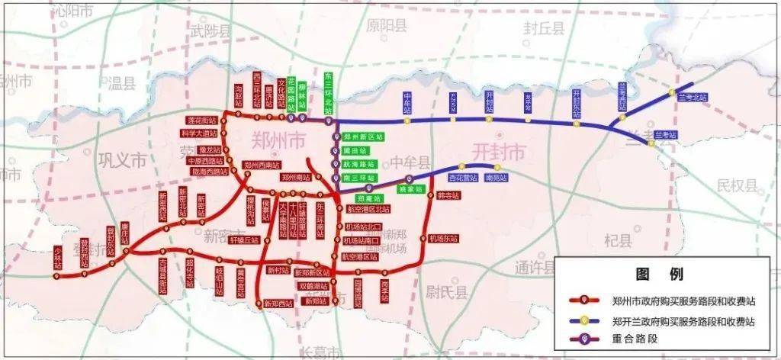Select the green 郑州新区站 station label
[x=362, y=137]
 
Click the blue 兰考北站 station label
[x=693, y=98]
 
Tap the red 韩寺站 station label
[x=448, y=195]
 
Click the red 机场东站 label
[x=442, y=239]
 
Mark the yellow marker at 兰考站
[x=651, y=143]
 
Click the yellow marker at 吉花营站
[x=461, y=166]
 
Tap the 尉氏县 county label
[x=442, y=289]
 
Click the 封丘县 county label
[x=543, y=29]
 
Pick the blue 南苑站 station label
[x=495, y=177]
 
